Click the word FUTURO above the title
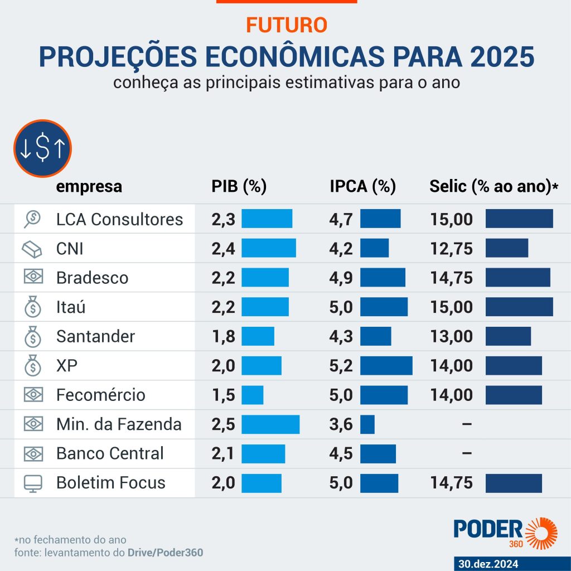click(x=286, y=25)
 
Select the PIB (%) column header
click(x=239, y=186)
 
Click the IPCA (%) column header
click(x=362, y=186)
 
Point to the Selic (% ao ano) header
click(x=493, y=186)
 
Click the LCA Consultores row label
click(x=119, y=219)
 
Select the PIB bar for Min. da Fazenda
click(x=270, y=424)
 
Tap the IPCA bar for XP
click(x=386, y=366)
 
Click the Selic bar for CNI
click(x=506, y=248)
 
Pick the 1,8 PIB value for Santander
click(x=223, y=336)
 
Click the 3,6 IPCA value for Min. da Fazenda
click(x=341, y=424)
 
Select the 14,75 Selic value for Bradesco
click(x=452, y=278)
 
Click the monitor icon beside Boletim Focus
click(x=33, y=483)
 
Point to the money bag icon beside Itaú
click(x=33, y=307)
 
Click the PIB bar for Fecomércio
click(x=252, y=395)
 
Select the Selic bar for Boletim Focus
click(x=514, y=483)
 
